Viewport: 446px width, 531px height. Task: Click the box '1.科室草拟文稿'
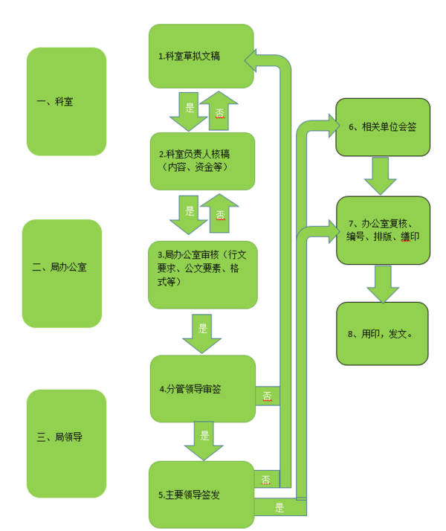[201, 57]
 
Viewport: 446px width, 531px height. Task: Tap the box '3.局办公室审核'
[202, 274]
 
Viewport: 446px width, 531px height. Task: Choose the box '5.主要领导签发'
[201, 495]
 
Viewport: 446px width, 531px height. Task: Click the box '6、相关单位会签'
[383, 127]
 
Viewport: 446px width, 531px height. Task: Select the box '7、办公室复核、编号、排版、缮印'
[383, 230]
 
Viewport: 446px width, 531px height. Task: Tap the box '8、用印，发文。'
[383, 333]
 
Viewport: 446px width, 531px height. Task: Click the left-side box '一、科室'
[65, 102]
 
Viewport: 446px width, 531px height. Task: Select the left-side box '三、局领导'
[65, 437]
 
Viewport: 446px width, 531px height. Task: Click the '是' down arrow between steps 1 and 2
[187, 112]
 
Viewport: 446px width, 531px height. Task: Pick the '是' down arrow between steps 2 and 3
[188, 215]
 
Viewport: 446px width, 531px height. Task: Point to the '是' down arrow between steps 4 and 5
[204, 441]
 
